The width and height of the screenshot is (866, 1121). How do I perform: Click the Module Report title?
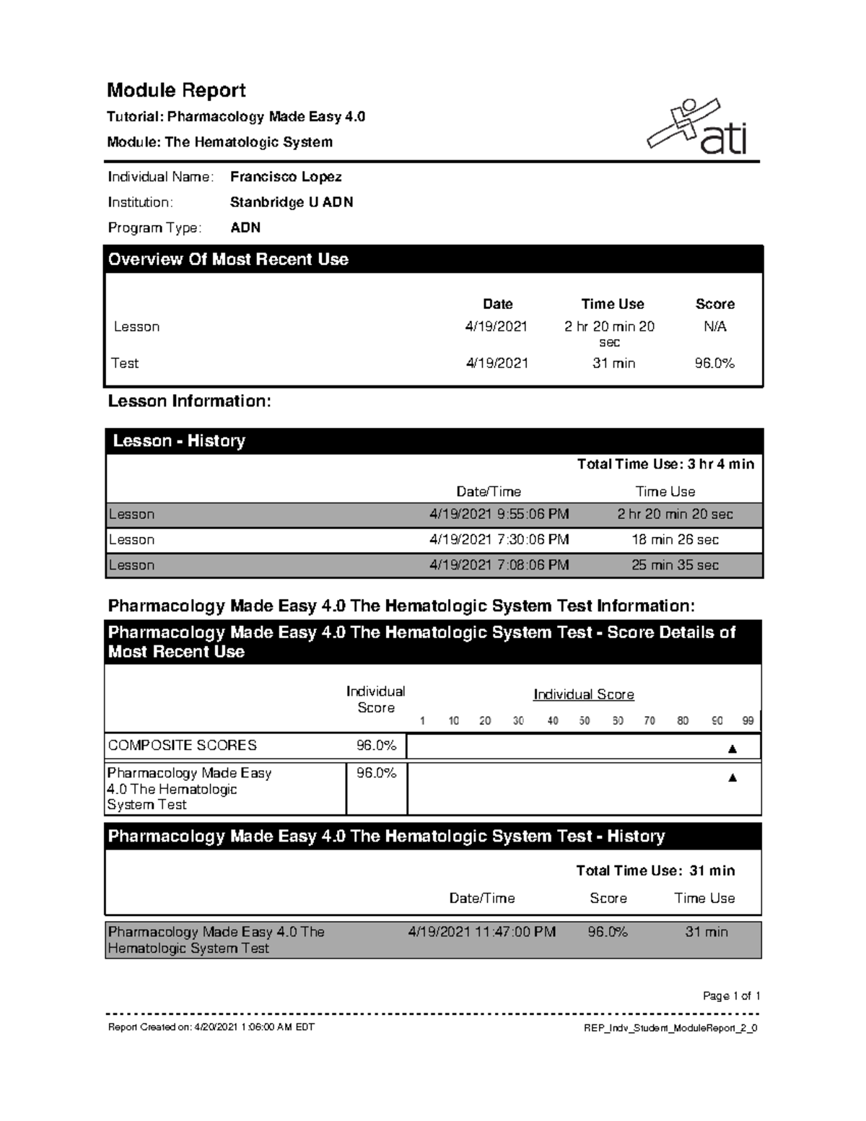(176, 90)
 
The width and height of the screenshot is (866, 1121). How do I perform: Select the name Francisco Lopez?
(286, 177)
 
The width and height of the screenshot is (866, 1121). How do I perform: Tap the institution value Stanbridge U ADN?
(291, 202)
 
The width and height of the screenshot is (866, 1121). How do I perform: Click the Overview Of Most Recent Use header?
(228, 259)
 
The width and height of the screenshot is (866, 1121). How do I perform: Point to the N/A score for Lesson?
(714, 326)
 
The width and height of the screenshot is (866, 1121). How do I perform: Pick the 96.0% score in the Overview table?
(714, 363)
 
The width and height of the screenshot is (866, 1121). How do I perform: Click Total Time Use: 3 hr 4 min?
(665, 464)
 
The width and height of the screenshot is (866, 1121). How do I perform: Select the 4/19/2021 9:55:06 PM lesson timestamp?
(499, 515)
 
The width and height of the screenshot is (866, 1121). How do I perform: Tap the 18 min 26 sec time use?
(675, 540)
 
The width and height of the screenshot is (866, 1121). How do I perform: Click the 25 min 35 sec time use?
(675, 565)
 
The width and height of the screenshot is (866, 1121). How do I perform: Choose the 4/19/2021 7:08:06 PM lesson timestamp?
(499, 565)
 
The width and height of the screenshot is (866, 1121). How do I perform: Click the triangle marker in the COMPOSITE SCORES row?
(732, 749)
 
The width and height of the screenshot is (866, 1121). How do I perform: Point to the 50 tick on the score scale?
(585, 720)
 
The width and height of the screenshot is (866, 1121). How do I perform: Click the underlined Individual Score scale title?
(583, 694)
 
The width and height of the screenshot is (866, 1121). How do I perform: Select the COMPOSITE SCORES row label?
(182, 745)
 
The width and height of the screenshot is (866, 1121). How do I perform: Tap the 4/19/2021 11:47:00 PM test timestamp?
(481, 932)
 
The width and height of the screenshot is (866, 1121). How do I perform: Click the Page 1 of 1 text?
(731, 996)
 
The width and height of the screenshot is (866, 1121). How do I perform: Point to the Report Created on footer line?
(211, 1027)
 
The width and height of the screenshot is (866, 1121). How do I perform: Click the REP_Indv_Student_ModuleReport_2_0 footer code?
(670, 1028)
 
